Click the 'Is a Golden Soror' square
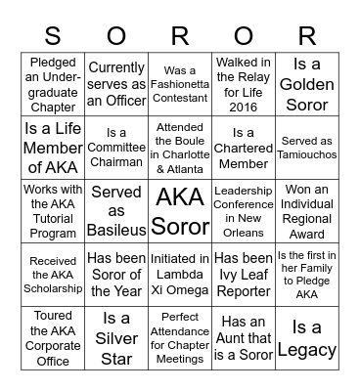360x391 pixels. click(306, 83)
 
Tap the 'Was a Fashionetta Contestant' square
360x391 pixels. click(180, 83)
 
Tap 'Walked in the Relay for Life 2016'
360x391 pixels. click(244, 83)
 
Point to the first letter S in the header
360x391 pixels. click(53, 37)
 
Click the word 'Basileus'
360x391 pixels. click(116, 230)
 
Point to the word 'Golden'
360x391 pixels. click(306, 85)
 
